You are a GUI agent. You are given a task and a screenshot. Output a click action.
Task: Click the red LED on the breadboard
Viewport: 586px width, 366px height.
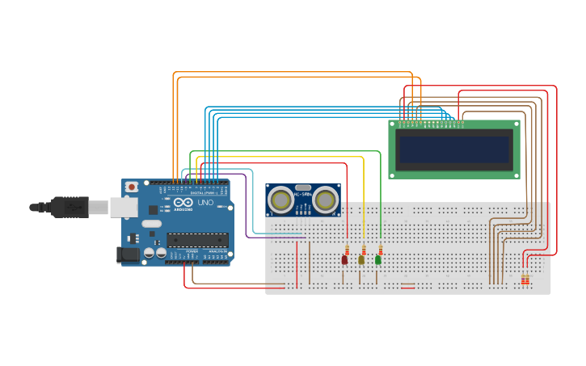pos(344,260)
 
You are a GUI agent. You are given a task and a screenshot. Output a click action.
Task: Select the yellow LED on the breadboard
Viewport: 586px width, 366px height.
pos(361,260)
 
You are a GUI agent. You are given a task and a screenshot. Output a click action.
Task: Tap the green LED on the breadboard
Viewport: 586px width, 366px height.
pos(377,259)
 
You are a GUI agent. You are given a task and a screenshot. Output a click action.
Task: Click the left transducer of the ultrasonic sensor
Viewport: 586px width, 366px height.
pos(280,200)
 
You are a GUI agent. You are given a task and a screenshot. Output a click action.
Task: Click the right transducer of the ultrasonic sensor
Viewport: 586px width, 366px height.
pos(326,199)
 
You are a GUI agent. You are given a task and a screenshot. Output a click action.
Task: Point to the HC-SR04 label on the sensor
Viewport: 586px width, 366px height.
pos(303,195)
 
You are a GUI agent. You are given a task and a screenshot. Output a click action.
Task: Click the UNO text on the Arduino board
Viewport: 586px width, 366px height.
pos(205,203)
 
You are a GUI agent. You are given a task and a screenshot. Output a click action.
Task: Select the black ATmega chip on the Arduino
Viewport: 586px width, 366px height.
pos(197,240)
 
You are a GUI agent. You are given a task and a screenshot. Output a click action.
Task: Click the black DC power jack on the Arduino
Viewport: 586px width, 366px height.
pos(128,255)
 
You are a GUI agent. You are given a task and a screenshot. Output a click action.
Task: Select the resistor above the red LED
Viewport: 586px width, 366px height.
pos(347,249)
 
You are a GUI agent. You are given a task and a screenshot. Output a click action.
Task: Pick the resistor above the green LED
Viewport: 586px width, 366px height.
pos(380,249)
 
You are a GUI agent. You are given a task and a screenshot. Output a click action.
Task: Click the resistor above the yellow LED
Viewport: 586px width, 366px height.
pos(364,249)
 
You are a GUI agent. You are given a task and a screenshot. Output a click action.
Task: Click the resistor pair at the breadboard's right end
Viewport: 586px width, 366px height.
pos(525,280)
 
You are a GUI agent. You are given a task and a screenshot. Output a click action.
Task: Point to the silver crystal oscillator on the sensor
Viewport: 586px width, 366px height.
pos(303,187)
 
